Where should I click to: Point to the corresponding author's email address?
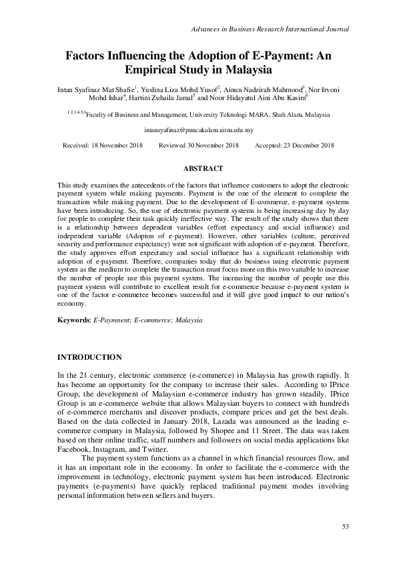pos(198,131)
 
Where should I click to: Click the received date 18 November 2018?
pos(118,146)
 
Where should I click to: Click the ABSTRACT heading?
pos(198,169)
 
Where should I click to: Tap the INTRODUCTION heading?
pos(89,357)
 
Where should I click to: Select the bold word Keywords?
pos(73,320)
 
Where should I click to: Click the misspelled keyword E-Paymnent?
pos(110,320)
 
